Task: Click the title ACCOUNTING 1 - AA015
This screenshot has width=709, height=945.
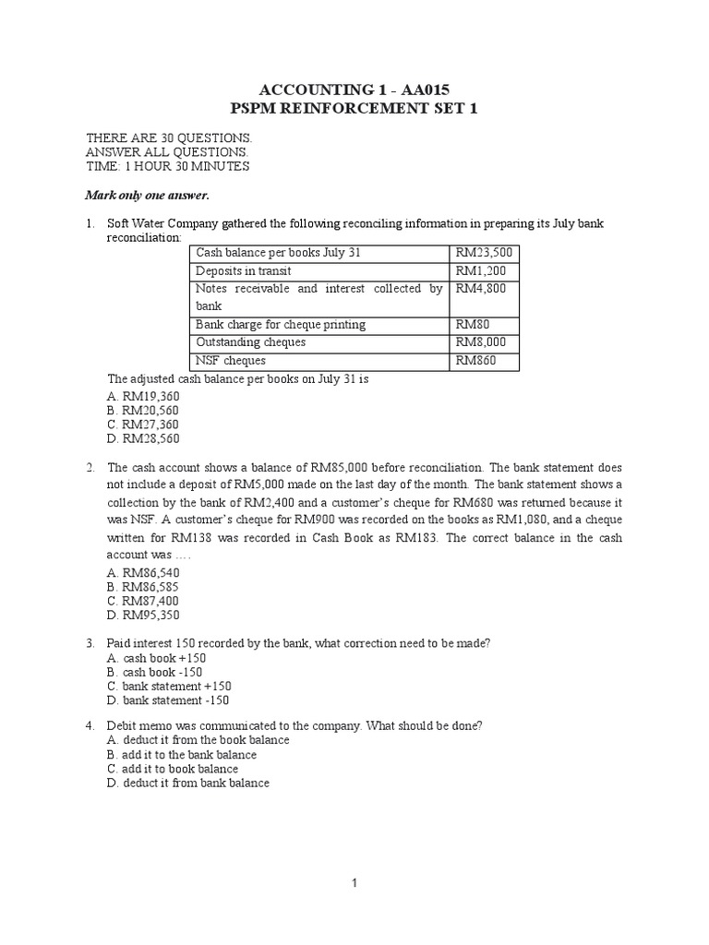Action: tap(355, 89)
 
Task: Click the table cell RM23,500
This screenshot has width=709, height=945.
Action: tap(484, 253)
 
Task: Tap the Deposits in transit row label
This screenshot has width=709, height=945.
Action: tap(245, 270)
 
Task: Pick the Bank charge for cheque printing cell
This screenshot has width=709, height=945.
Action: tap(280, 324)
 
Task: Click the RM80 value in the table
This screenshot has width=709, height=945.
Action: tap(472, 324)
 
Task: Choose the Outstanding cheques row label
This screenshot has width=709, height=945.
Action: tap(250, 342)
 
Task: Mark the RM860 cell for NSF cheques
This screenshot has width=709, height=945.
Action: tap(475, 360)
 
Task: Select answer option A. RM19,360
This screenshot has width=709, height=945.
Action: tap(142, 395)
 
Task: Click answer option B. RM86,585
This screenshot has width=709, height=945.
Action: tap(142, 586)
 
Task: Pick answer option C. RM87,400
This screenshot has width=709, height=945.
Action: tap(142, 600)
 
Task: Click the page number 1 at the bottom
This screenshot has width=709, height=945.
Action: tap(354, 883)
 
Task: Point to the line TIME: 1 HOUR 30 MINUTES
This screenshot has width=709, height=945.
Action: tap(167, 166)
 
